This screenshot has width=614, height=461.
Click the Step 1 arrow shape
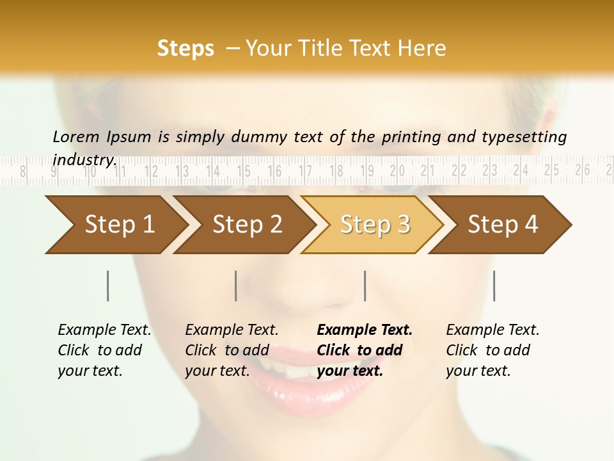pos(115,225)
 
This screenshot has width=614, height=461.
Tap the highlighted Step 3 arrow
pos(374,225)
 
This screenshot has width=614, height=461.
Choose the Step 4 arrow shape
pos(502,225)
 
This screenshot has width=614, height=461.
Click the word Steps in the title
pos(185,49)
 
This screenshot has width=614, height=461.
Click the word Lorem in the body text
pos(76,136)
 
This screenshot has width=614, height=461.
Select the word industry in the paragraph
pos(84,159)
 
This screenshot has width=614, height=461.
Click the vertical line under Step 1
pos(108,286)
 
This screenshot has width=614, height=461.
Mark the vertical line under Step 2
pos(236,286)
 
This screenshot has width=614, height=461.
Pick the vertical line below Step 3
pos(365,286)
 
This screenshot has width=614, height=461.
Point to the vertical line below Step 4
pos(494,286)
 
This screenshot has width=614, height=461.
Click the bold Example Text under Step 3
pos(365,330)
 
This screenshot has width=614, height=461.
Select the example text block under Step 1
pos(104,350)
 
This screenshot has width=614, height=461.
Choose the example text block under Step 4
pos(492,350)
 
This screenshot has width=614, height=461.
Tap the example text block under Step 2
pos(231,350)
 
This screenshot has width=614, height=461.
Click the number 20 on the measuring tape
pos(398,171)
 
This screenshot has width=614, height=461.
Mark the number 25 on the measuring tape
pos(552,170)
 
